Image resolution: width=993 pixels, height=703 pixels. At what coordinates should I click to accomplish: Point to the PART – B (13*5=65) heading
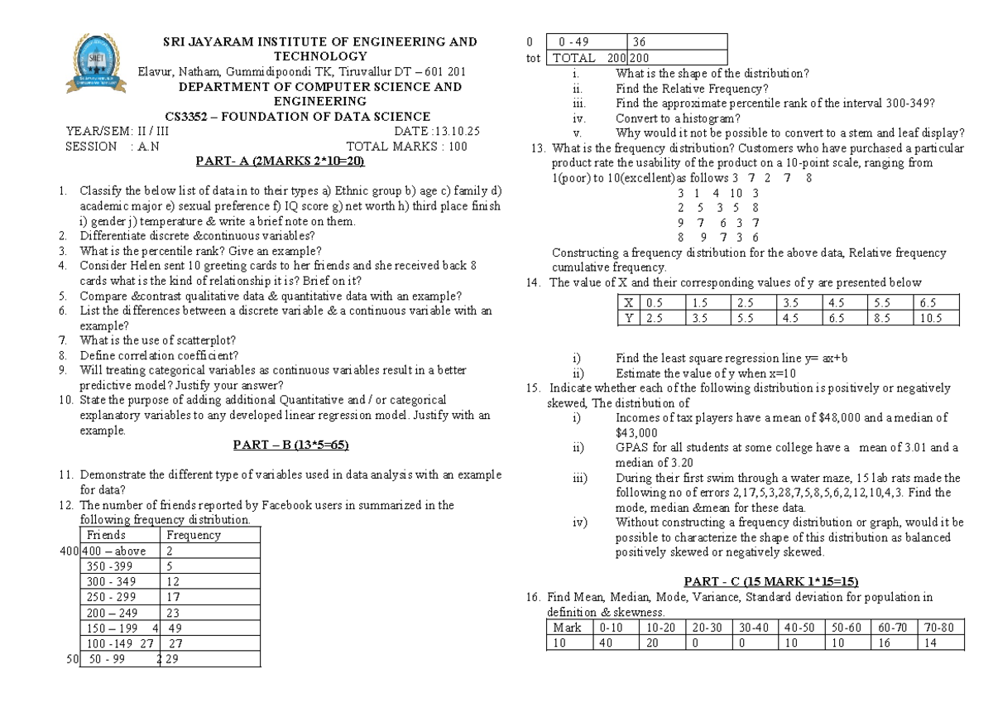[290, 445]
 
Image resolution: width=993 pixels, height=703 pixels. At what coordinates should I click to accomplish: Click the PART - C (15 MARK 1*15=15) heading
[764, 580]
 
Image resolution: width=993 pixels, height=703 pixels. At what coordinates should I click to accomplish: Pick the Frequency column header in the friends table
[194, 535]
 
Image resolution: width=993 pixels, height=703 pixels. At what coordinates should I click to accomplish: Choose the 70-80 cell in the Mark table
[938, 628]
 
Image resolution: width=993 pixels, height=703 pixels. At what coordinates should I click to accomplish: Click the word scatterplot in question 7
[203, 339]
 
